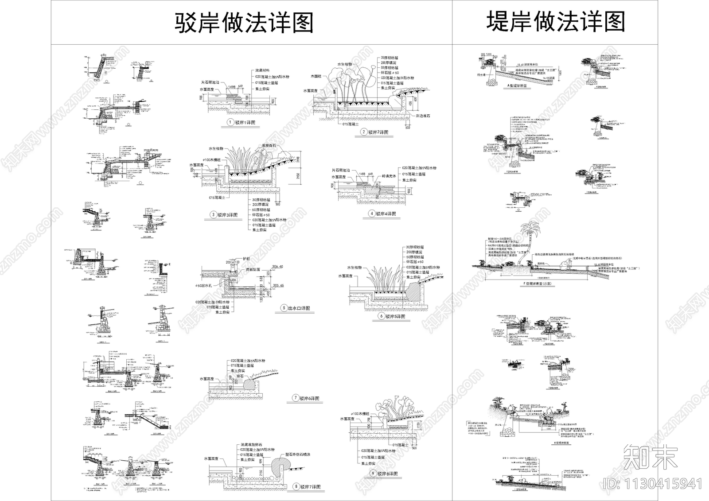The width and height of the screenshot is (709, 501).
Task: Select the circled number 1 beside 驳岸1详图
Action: [230, 122]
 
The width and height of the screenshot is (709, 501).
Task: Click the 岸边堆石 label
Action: [422, 116]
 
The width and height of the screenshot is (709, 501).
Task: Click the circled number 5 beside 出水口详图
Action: [284, 308]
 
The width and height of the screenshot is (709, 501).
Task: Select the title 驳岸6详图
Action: [309, 398]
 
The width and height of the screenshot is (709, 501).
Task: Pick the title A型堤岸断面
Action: [517, 86]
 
